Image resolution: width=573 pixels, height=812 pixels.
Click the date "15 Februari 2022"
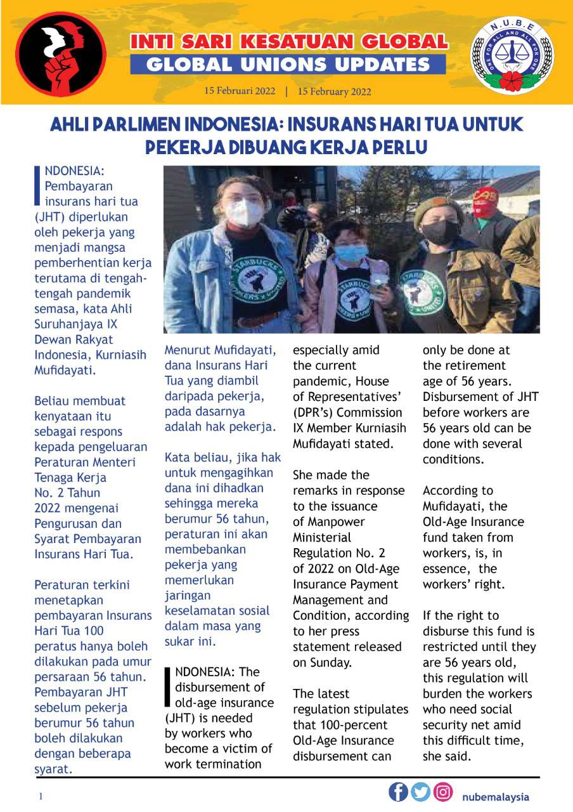[x=240, y=91]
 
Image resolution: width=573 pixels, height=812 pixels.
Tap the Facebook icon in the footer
[x=398, y=792]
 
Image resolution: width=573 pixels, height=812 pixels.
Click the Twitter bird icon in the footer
[x=420, y=792]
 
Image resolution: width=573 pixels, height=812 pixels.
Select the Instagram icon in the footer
[x=443, y=792]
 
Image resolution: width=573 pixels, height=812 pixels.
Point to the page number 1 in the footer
[x=40, y=797]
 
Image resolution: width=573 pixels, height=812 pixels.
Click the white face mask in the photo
[x=245, y=213]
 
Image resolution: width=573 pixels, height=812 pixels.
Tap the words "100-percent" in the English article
[x=321, y=724]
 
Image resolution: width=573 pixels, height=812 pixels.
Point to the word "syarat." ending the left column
[x=53, y=769]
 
